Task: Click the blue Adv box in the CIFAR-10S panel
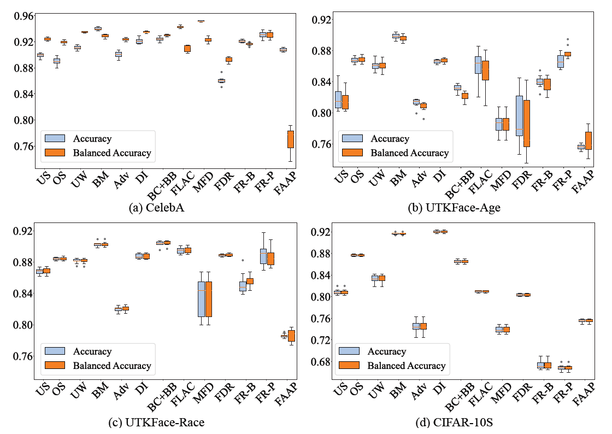416,326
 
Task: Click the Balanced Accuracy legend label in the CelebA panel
111,153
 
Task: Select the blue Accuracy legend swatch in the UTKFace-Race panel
55,351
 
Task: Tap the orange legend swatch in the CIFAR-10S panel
349,366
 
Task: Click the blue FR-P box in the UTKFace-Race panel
263,256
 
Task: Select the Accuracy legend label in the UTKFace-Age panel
390,139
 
